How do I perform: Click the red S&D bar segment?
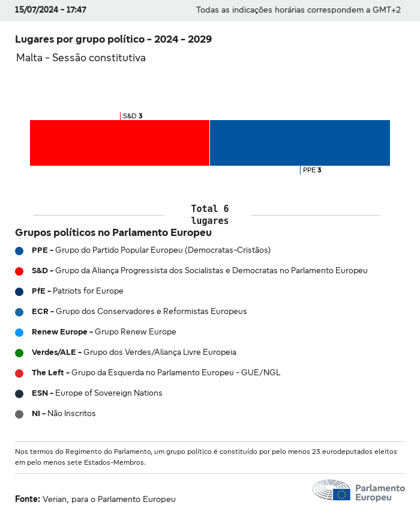(x=119, y=143)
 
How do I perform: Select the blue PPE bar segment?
(x=300, y=143)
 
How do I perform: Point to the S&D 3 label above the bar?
(x=132, y=116)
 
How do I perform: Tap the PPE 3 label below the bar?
(x=312, y=170)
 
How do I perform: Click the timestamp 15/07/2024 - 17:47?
(x=50, y=10)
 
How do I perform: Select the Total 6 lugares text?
(x=209, y=214)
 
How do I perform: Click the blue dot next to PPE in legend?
(x=19, y=250)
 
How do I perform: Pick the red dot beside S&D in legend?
(x=19, y=271)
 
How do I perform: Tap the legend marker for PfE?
(x=19, y=291)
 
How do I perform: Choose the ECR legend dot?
(x=19, y=312)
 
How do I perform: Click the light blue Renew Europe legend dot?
(x=19, y=332)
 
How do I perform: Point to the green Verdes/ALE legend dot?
(x=19, y=352)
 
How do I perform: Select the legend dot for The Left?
(x=19, y=373)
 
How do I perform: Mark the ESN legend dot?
(x=19, y=393)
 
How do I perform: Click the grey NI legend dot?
(x=19, y=414)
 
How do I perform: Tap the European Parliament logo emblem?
(x=332, y=491)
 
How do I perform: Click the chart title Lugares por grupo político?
(x=113, y=40)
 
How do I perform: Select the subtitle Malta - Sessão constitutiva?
(x=81, y=58)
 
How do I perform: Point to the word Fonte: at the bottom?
(x=28, y=499)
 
